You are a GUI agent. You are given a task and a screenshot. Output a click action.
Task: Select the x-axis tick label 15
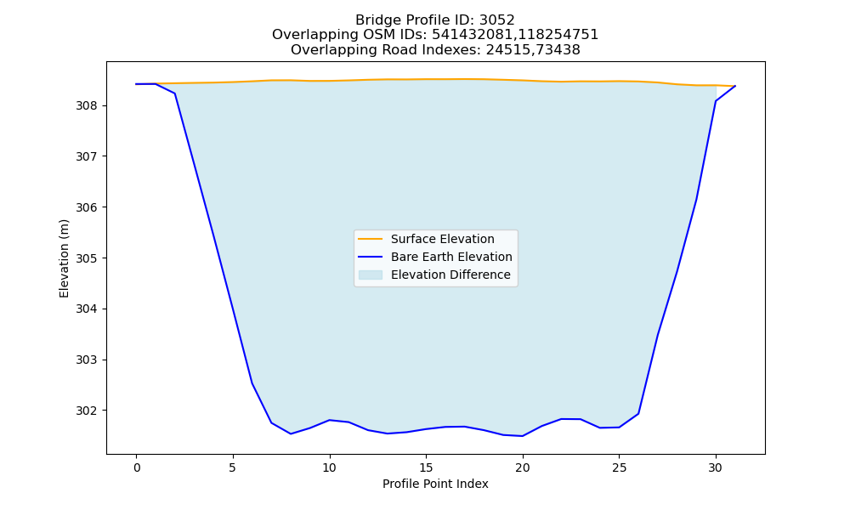(x=426, y=467)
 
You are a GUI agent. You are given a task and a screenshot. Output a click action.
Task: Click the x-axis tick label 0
(x=137, y=467)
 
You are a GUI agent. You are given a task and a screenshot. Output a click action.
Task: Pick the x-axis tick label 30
(x=716, y=467)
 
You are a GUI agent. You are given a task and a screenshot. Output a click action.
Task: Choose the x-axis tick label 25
(x=619, y=467)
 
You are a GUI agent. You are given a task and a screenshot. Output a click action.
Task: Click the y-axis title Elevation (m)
(x=64, y=258)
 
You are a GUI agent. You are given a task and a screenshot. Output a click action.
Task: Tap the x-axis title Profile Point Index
(x=435, y=484)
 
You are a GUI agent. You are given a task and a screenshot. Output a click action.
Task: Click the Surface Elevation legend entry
(x=442, y=239)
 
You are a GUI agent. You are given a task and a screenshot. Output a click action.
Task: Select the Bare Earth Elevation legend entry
(x=451, y=257)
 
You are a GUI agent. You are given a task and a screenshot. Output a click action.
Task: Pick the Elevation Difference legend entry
(x=450, y=275)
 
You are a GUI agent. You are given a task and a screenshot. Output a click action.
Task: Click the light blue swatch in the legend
(x=371, y=275)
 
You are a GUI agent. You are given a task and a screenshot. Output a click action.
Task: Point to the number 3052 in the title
(x=497, y=20)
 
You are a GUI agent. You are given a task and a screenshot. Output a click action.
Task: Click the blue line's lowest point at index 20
(x=523, y=436)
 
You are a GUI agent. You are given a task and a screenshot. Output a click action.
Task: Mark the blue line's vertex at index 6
(x=252, y=383)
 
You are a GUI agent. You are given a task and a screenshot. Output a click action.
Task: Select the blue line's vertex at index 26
(x=638, y=414)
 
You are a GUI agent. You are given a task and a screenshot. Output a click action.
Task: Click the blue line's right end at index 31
(x=735, y=86)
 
